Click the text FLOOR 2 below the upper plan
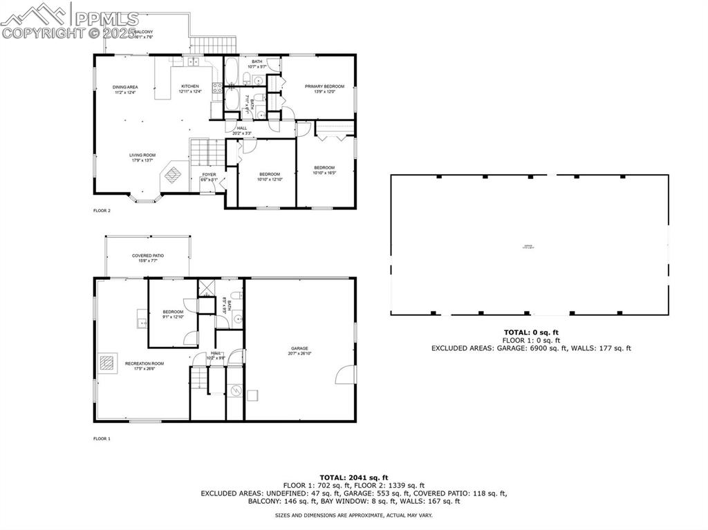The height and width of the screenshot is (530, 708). (102, 210)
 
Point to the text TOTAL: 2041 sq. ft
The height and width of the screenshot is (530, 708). (353, 477)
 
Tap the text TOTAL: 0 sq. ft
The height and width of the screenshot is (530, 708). (531, 332)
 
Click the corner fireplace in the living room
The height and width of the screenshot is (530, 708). (172, 176)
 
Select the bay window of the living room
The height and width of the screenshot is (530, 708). (146, 199)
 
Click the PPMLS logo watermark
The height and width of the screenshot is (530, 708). (69, 20)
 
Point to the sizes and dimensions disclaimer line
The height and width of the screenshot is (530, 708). (353, 515)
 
